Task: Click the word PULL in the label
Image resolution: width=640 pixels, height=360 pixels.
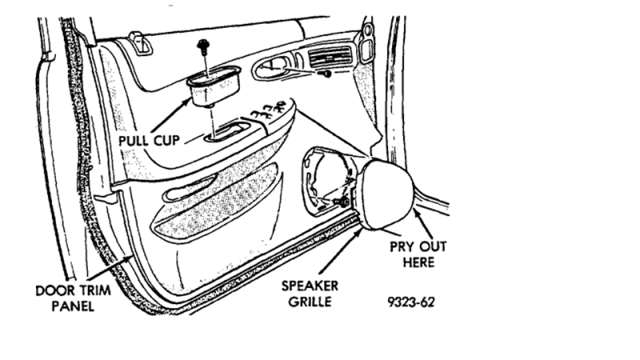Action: click(x=134, y=139)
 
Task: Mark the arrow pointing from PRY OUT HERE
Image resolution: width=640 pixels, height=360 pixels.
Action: click(x=425, y=218)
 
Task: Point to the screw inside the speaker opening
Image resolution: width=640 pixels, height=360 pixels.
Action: click(x=341, y=203)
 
